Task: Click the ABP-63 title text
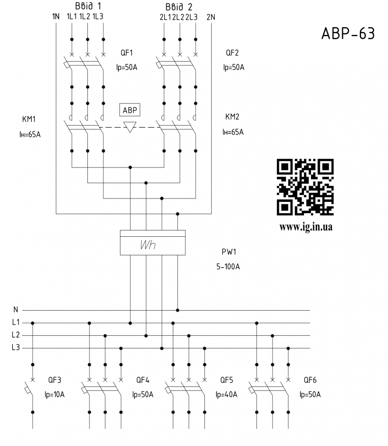click(x=348, y=34)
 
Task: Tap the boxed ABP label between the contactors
click(x=130, y=110)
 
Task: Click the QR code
click(x=305, y=187)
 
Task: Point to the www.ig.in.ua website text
click(x=305, y=226)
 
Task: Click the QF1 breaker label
click(x=127, y=53)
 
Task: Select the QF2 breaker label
click(x=233, y=53)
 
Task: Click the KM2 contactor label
click(x=233, y=117)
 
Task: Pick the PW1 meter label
click(x=228, y=252)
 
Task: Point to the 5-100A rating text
click(x=228, y=266)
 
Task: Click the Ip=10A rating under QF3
click(x=54, y=395)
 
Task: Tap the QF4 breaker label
click(x=143, y=380)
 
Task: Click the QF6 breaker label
click(x=310, y=380)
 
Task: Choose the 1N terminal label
click(x=55, y=17)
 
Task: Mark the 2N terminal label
click(x=210, y=17)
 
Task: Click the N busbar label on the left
click(x=16, y=310)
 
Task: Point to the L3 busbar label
click(x=16, y=347)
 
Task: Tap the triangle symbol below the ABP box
click(x=130, y=127)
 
